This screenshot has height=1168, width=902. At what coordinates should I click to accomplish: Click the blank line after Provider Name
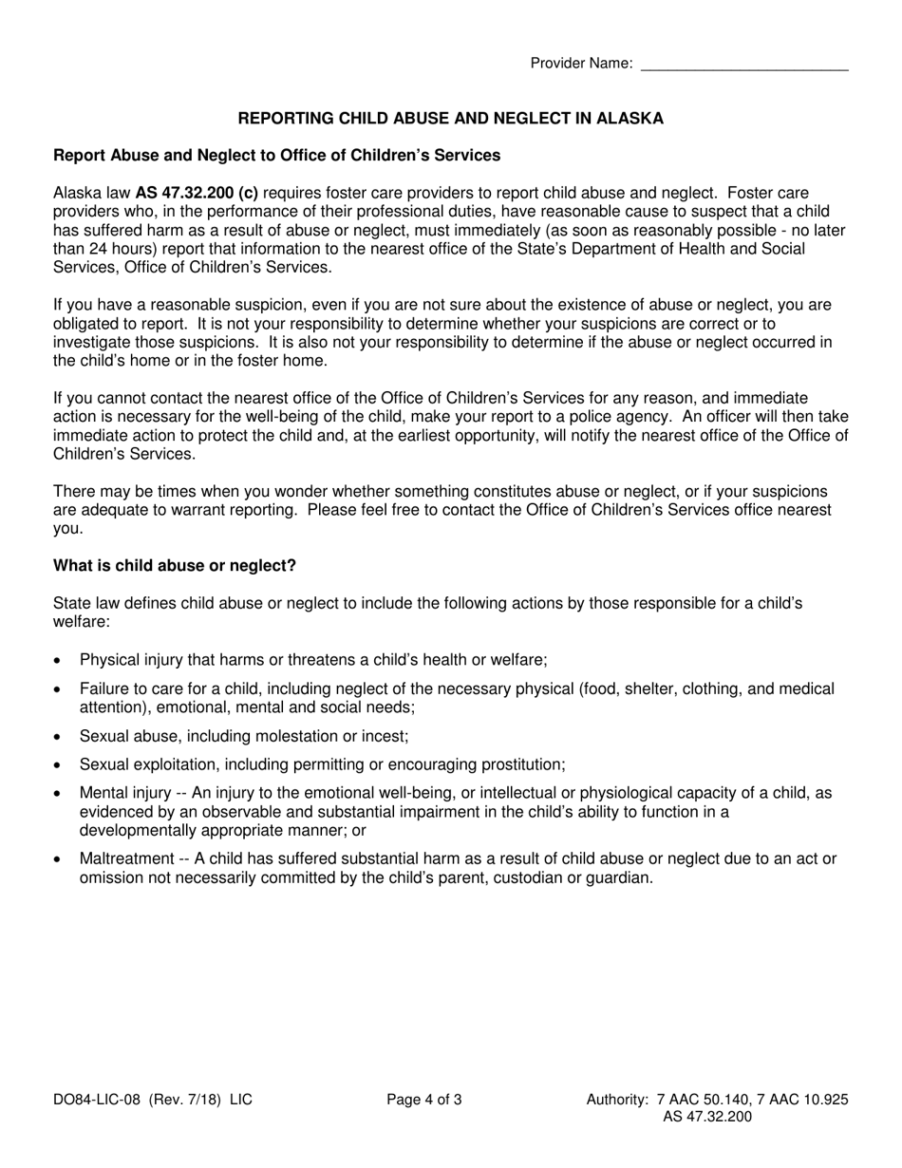click(744, 65)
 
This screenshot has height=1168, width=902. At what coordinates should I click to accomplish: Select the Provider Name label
click(581, 64)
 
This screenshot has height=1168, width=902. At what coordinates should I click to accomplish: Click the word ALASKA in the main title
click(630, 119)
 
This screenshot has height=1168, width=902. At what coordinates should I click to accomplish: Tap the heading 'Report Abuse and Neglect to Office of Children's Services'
click(276, 155)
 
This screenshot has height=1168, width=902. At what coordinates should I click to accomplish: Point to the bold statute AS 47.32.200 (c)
click(197, 193)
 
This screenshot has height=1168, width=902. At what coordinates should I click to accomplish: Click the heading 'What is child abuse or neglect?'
click(175, 566)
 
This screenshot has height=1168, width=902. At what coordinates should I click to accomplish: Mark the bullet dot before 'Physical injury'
click(60, 661)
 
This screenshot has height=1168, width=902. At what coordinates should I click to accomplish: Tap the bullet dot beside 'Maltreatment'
click(60, 859)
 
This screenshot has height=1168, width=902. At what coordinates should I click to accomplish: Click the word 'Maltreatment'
click(126, 858)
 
